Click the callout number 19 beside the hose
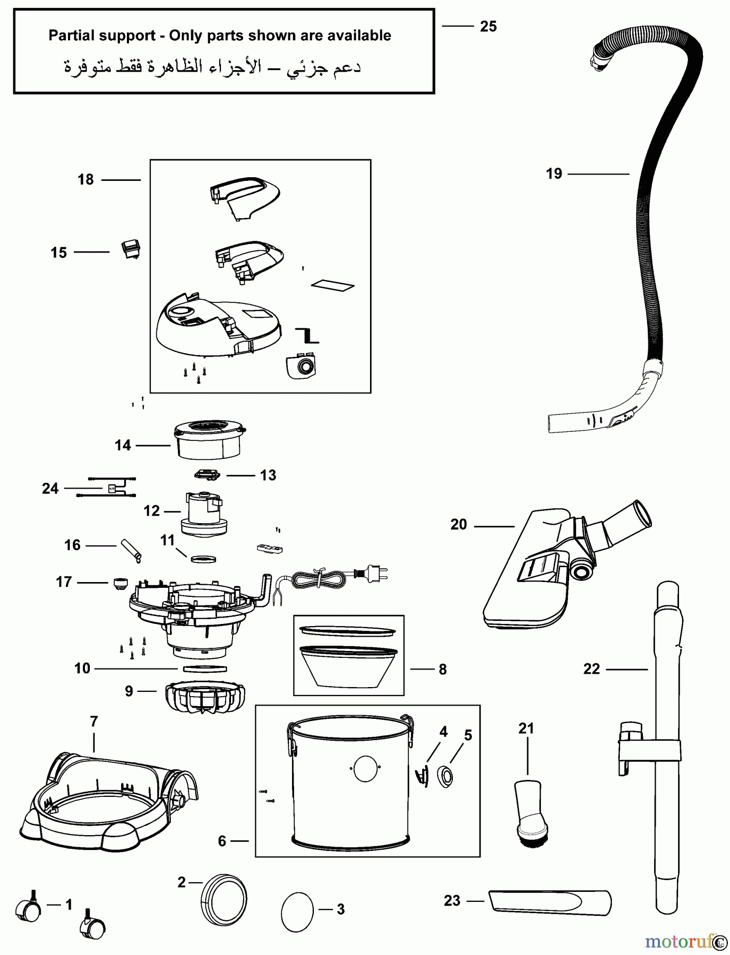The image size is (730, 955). click(554, 173)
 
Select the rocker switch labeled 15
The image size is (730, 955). click(131, 248)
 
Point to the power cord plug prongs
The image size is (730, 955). click(381, 574)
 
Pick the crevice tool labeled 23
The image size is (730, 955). click(550, 902)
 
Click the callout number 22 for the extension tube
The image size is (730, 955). click(591, 669)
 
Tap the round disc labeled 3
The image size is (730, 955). click(297, 911)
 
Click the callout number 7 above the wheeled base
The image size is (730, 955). click(94, 722)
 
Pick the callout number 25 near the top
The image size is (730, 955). click(488, 26)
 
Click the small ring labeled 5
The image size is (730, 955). click(445, 777)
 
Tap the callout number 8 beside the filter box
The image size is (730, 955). click(443, 670)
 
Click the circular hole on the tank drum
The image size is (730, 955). click(365, 768)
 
